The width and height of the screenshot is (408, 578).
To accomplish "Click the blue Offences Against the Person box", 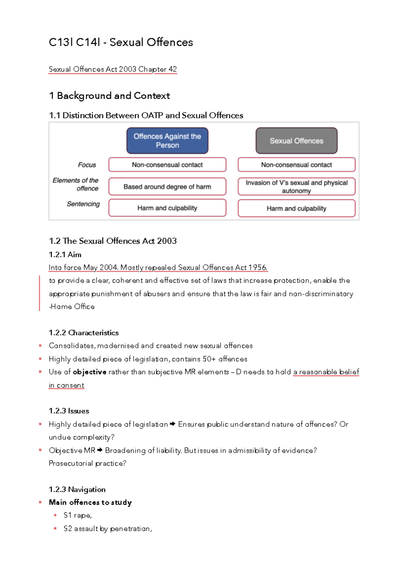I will (x=167, y=141).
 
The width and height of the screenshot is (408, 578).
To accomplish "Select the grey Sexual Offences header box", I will (x=296, y=141).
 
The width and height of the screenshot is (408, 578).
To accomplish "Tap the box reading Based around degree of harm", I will (x=167, y=187).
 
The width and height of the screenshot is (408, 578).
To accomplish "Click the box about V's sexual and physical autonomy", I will (x=296, y=187).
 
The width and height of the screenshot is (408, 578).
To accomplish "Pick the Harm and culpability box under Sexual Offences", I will (x=296, y=208).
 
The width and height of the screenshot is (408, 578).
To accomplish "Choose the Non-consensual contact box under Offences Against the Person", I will (x=167, y=165).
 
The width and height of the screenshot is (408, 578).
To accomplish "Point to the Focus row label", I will (x=87, y=165).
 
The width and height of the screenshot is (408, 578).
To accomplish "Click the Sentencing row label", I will (x=83, y=204).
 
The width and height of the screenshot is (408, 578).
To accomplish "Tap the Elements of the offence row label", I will (x=76, y=184).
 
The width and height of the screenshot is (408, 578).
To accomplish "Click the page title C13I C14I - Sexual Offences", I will (x=121, y=42).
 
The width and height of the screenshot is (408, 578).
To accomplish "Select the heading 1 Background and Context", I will (x=109, y=96).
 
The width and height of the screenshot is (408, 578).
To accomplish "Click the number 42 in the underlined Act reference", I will (x=173, y=69).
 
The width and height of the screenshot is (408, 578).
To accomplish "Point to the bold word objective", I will (x=90, y=372).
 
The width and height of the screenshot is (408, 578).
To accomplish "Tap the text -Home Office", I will (x=72, y=306).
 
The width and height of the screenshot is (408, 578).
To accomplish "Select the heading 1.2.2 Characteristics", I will (x=84, y=333).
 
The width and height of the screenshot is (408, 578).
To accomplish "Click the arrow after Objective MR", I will (x=100, y=450).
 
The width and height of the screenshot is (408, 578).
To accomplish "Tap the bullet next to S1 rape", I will (x=55, y=515).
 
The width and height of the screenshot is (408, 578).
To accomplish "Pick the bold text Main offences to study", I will (x=90, y=502).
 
